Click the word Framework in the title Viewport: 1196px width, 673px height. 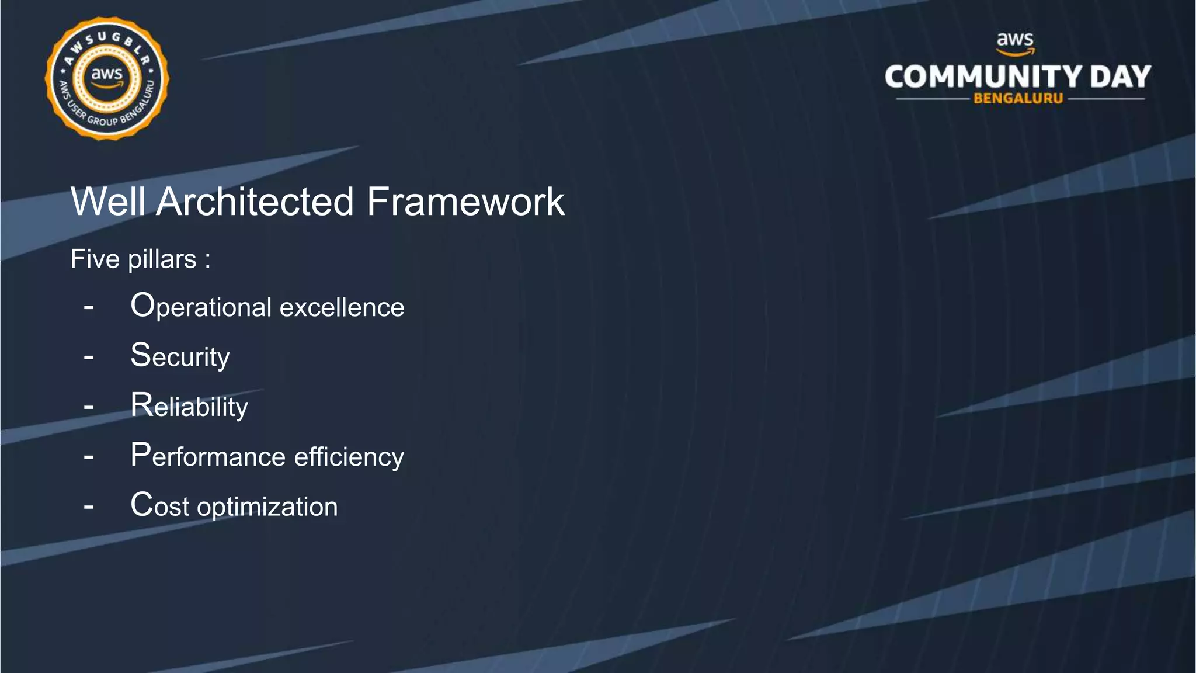click(465, 202)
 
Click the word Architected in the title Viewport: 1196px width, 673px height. click(255, 202)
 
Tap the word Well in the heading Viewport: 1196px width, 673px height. click(108, 202)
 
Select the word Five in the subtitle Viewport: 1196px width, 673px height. click(95, 259)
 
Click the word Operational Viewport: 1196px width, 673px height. click(201, 307)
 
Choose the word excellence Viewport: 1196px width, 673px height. click(342, 307)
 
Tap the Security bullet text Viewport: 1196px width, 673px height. click(180, 356)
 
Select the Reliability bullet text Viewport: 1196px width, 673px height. click(189, 406)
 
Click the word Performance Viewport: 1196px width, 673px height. click(207, 456)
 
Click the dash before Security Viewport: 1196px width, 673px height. click(89, 356)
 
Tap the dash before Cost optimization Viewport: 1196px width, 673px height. click(89, 506)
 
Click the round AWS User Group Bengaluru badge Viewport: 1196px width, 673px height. click(107, 78)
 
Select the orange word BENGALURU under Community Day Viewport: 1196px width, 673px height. click(1018, 99)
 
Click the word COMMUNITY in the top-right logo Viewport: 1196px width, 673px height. click(983, 77)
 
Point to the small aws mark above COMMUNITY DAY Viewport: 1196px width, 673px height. click(1015, 42)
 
